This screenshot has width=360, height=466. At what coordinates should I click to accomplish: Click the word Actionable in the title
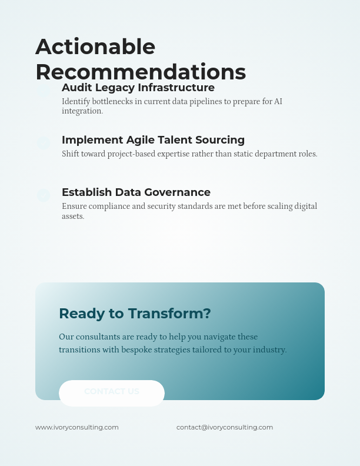click(x=95, y=47)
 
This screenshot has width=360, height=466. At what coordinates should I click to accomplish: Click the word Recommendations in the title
click(x=141, y=72)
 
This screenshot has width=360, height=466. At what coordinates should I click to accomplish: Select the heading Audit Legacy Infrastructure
click(x=138, y=88)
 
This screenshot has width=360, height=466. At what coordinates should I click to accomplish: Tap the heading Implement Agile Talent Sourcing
click(x=153, y=140)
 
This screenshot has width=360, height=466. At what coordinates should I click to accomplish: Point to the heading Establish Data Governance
click(x=136, y=192)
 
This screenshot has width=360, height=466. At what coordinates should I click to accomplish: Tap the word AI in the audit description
click(x=278, y=101)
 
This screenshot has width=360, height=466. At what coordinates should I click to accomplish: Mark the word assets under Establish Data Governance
click(x=73, y=217)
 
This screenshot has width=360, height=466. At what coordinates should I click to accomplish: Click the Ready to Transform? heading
click(x=135, y=314)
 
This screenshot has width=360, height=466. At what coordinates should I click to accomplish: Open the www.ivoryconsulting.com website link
click(x=77, y=427)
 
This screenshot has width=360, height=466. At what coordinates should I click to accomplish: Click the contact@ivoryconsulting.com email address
click(x=225, y=427)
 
